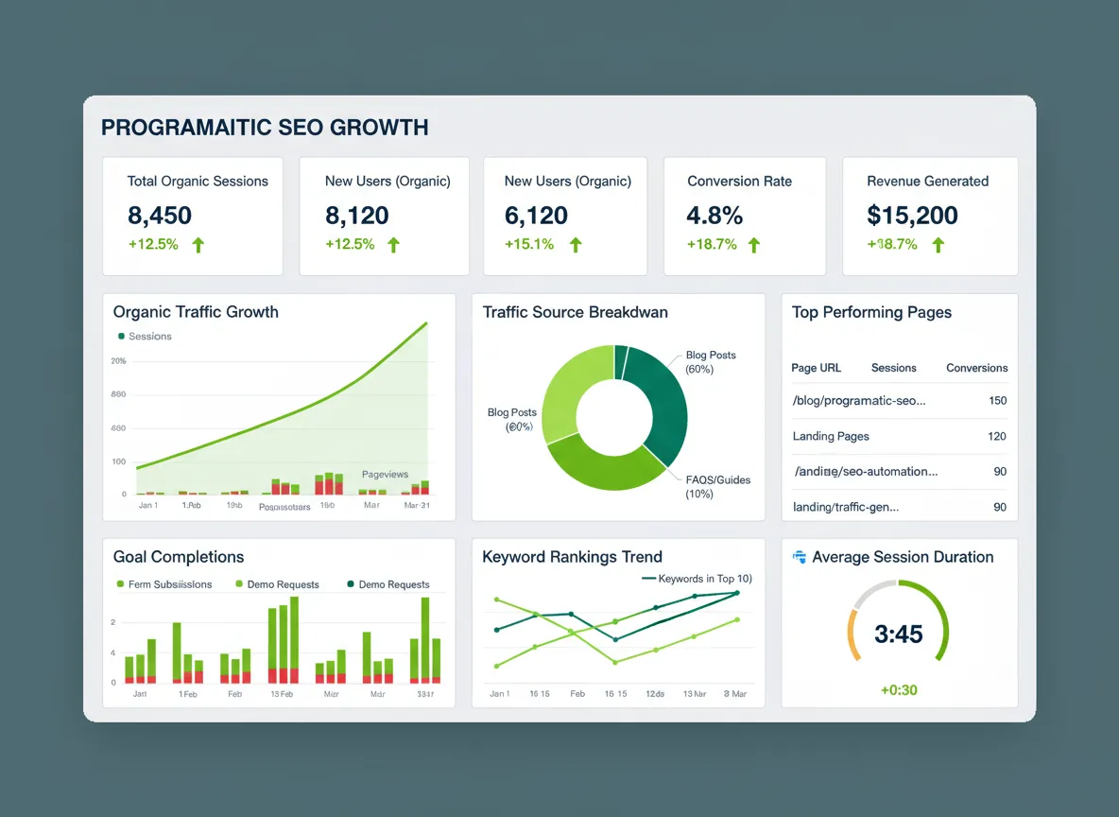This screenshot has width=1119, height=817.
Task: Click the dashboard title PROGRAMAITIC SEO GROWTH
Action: (x=265, y=127)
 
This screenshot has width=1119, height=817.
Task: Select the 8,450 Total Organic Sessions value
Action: (x=160, y=216)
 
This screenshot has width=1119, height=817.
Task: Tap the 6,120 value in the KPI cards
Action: (x=536, y=216)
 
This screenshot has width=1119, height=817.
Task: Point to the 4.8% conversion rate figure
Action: (x=714, y=216)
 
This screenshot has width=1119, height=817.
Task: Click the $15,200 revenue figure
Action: (x=912, y=216)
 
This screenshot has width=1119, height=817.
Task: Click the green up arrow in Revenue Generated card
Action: (x=938, y=245)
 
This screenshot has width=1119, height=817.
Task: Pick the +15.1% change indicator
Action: (x=529, y=245)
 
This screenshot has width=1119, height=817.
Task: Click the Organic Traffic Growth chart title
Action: (x=196, y=312)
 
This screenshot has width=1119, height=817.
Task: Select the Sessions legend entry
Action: (x=149, y=337)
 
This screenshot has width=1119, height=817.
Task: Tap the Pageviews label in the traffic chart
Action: (x=385, y=474)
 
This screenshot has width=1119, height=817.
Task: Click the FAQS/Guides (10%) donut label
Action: (x=717, y=486)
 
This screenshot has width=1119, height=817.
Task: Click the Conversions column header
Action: (x=976, y=368)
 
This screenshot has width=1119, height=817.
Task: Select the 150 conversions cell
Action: (x=997, y=401)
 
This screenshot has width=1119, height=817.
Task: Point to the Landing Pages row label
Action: (x=831, y=436)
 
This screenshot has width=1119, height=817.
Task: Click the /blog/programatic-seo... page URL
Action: (x=858, y=401)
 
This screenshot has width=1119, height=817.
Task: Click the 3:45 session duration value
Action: (x=898, y=634)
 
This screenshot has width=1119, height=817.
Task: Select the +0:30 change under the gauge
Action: (x=899, y=690)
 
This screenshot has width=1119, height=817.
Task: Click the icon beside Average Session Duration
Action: (x=799, y=557)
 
